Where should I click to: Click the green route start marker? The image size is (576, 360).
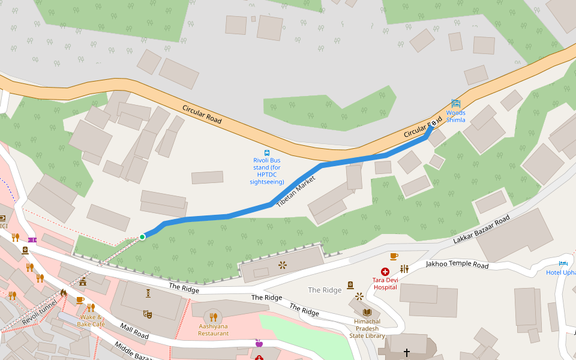point(142,237)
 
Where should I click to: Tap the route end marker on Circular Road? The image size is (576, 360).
point(433,124)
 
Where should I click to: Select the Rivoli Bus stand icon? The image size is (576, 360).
point(267,152)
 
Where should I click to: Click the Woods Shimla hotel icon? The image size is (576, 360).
point(456,103)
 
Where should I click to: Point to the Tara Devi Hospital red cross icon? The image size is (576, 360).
point(385,272)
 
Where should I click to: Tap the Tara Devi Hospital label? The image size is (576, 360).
point(385,283)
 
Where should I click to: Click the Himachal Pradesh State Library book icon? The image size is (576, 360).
point(367,312)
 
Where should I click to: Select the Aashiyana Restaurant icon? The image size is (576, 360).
point(213,317)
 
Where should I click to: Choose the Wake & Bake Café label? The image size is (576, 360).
point(91,320)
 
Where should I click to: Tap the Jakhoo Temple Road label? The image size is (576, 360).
point(457,264)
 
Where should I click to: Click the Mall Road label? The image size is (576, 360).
point(134,330)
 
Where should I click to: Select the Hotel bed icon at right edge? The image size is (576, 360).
point(563,263)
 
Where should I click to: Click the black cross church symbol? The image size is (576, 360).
point(406,352)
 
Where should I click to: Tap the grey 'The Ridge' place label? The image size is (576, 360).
point(325,290)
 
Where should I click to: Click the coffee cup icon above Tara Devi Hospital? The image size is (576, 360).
point(394,256)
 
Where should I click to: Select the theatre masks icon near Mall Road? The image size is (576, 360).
point(148,314)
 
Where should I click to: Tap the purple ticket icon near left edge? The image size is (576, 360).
point(31,240)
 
